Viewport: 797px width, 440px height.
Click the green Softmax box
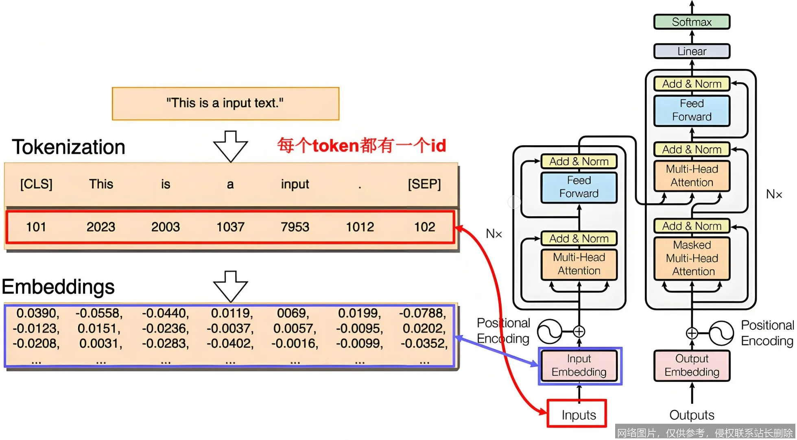click(x=691, y=22)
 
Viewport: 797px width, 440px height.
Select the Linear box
click(x=691, y=51)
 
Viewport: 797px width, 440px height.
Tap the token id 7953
click(x=295, y=227)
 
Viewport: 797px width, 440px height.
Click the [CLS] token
click(x=36, y=184)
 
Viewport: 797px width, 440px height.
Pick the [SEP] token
click(x=424, y=184)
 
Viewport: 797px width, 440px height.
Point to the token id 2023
click(x=100, y=227)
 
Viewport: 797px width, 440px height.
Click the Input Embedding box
click(x=579, y=366)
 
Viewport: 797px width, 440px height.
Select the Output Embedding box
click(x=691, y=366)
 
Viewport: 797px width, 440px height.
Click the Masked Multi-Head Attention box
click(x=691, y=259)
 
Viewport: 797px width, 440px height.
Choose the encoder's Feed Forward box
click(x=579, y=187)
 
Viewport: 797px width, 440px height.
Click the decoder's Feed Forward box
click(x=691, y=110)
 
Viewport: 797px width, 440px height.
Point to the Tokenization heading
click(x=68, y=147)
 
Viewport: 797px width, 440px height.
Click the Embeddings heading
click(x=58, y=287)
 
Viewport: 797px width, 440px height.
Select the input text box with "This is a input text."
click(x=225, y=103)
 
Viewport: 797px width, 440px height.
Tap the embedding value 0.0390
click(x=37, y=314)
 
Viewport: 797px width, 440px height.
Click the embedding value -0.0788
click(x=422, y=314)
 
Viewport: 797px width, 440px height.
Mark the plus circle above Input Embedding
click(x=579, y=331)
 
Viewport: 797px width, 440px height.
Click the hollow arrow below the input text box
click(x=230, y=146)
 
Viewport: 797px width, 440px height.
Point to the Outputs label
click(x=691, y=415)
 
